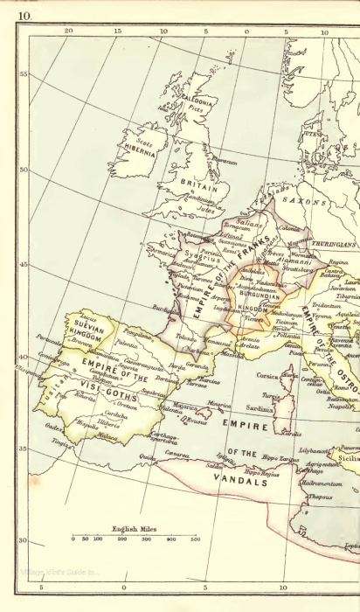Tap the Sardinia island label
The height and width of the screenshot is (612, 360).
click(260, 408)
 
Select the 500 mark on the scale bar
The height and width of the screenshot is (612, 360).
click(196, 539)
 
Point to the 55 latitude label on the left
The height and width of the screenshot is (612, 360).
click(24, 74)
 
